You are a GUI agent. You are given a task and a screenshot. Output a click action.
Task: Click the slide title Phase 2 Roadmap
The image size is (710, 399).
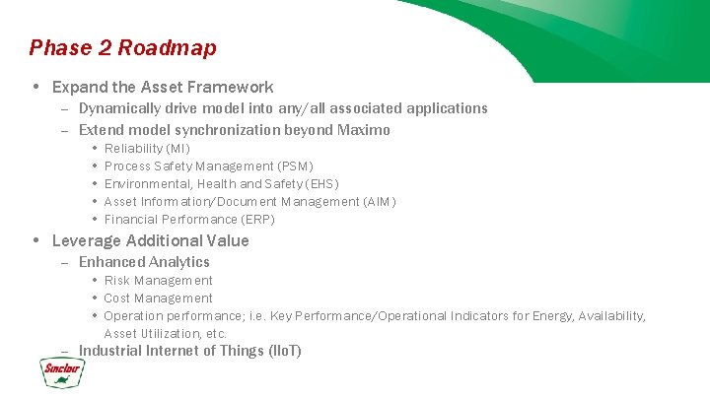pyautogui.click(x=123, y=47)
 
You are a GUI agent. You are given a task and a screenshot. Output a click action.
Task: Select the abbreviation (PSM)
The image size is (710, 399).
pyautogui.click(x=296, y=166)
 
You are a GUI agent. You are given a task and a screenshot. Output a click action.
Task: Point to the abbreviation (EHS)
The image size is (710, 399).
pyautogui.click(x=321, y=183)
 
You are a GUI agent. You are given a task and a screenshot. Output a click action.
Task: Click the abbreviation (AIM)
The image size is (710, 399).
pyautogui.click(x=380, y=201)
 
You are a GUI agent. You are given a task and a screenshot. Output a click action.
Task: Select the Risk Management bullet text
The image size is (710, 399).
pyautogui.click(x=158, y=281)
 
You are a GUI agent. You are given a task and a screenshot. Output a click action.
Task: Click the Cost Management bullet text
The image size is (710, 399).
pyautogui.click(x=158, y=299)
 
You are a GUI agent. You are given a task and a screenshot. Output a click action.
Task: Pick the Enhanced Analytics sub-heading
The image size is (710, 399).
pyautogui.click(x=144, y=262)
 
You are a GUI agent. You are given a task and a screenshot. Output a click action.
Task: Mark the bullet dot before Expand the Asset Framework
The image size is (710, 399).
pyautogui.click(x=35, y=87)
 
